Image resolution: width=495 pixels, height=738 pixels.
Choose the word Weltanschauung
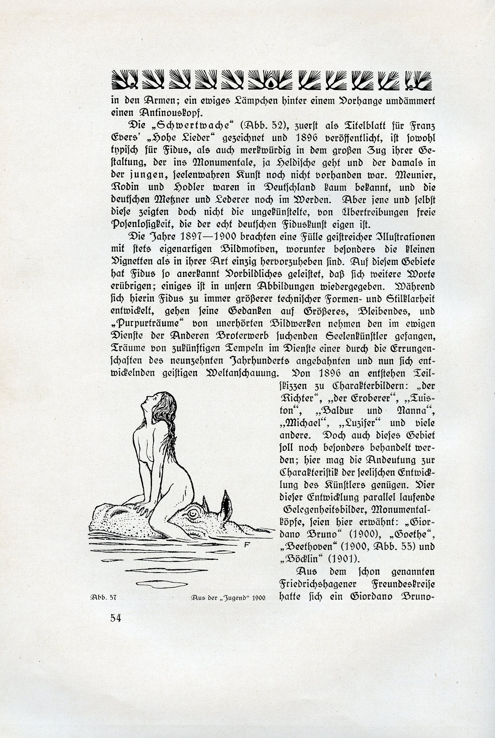pos(242,373)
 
